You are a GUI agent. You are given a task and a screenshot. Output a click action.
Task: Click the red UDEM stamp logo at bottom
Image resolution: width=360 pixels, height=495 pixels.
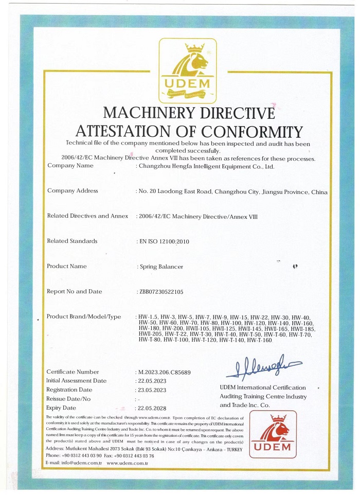pos(273,434)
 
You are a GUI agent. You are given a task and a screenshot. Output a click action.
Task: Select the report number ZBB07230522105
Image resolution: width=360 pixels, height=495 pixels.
pos(161,292)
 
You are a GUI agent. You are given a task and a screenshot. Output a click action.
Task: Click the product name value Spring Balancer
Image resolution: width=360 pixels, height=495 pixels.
pos(161,267)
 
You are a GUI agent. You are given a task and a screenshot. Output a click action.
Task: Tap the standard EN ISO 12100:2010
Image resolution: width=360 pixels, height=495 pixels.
pos(163,241)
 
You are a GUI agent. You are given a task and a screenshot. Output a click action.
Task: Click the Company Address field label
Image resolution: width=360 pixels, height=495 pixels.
pos(72,191)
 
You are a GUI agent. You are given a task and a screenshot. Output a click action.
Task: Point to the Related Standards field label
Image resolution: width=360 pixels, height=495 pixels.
pos(71,241)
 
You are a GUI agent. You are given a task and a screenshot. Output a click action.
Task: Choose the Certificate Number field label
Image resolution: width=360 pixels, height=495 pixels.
pos(73,372)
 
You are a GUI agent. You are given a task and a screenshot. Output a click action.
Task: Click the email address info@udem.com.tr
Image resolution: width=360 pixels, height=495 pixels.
pos(81,463)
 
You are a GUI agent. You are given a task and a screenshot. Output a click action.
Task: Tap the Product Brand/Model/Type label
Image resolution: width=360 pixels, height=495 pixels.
pos(84,316)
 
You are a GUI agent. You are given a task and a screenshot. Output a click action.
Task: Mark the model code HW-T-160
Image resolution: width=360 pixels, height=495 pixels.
pos(259,340)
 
